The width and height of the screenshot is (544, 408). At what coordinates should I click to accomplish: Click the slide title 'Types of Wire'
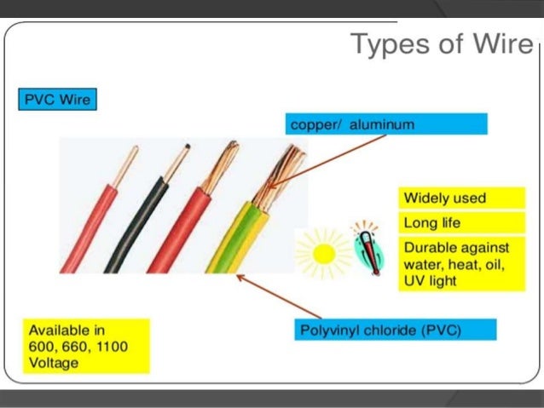point(442,43)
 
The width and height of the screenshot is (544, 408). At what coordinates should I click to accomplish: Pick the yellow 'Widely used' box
point(461,198)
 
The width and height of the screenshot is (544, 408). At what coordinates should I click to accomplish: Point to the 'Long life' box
point(461,223)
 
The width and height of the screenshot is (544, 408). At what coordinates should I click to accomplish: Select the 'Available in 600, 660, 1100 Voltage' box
point(84,345)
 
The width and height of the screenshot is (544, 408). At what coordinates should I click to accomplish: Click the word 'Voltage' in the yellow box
point(53,362)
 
